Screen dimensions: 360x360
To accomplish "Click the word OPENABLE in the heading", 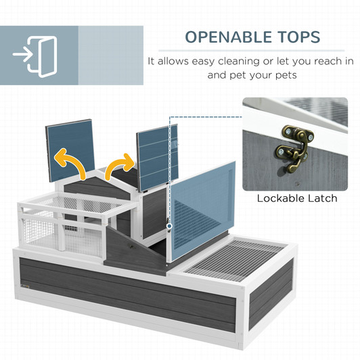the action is point(229,37).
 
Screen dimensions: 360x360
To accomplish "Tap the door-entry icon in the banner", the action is point(35,56).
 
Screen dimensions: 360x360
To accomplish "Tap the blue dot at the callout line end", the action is point(169,226).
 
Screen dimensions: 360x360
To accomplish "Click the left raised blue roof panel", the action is point(70,150).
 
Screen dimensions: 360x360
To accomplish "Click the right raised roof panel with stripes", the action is point(158,158).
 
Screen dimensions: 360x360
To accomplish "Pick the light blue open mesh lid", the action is point(203,211).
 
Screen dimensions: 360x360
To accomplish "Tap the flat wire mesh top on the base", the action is point(235,260).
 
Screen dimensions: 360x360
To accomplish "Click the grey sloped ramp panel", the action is point(133,249).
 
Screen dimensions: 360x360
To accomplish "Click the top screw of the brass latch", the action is point(288,131).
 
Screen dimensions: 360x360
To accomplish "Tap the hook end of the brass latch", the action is point(291,168).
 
